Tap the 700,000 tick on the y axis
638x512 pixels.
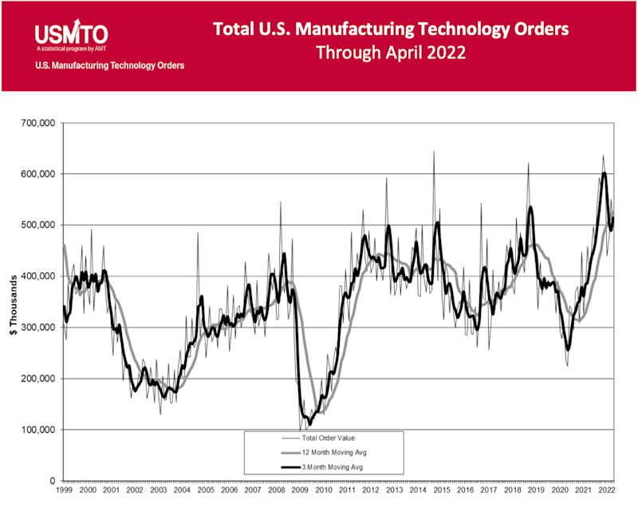36,123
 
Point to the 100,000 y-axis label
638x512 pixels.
36,430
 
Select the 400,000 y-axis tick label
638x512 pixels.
36,276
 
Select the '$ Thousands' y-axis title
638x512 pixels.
10,302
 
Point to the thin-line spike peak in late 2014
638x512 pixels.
434,151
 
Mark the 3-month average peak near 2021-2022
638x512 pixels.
605,173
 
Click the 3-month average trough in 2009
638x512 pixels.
309,423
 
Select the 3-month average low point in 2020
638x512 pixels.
568,350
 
